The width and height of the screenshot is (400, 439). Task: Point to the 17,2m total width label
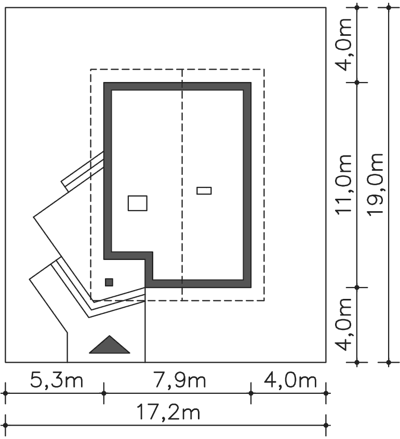[168, 413]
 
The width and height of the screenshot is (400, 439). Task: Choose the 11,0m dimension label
[343, 185]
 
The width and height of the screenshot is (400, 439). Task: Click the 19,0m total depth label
[375, 185]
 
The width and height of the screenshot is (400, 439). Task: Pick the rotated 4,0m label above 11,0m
[343, 45]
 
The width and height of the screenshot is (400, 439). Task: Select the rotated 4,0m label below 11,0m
[343, 325]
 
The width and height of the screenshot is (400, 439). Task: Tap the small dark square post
[109, 282]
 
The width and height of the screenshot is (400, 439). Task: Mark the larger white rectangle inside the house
[138, 203]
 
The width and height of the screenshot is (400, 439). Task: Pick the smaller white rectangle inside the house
[204, 190]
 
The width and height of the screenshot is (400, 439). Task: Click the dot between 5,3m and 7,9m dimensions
[104, 393]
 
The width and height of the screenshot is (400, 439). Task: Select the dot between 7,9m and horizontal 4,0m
[251, 393]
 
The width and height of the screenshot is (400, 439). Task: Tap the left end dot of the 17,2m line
[5, 426]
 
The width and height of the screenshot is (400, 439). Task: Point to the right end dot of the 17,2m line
[326, 426]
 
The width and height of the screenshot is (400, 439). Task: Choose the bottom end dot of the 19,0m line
[389, 362]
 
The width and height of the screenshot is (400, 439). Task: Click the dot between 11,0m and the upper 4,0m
[357, 83]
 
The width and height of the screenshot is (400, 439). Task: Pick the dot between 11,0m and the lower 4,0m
[357, 287]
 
